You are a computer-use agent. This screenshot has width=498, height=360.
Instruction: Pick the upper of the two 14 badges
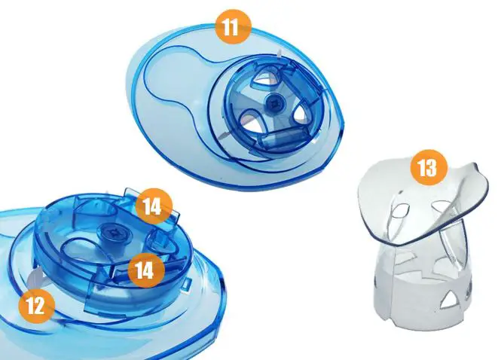click(x=154, y=206)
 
